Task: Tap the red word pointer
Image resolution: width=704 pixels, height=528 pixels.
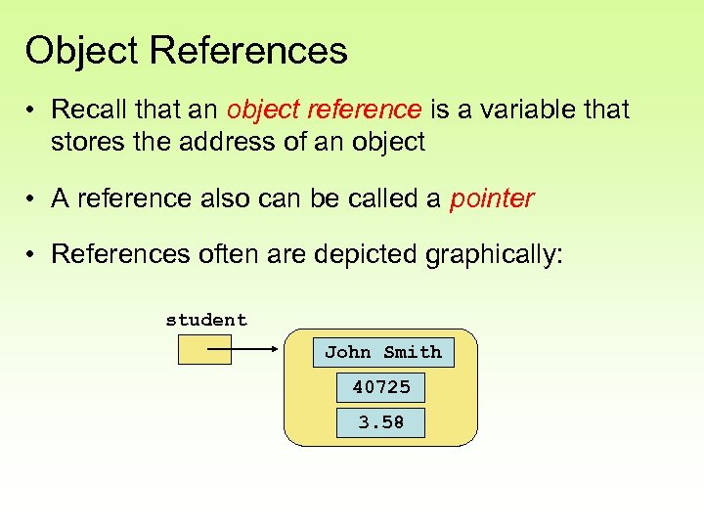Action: [492, 198]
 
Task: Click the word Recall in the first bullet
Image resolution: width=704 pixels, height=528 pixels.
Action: [85, 110]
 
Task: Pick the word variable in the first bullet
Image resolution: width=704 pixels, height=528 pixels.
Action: [532, 110]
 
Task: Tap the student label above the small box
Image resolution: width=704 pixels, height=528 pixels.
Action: [206, 320]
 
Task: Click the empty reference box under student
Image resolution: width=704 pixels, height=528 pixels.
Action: [204, 349]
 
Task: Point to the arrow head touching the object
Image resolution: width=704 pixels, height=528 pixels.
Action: [277, 349]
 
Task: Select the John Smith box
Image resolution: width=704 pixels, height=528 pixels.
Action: [382, 352]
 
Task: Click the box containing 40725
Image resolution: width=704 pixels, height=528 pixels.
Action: [381, 387]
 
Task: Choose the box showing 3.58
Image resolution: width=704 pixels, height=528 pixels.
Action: [381, 422]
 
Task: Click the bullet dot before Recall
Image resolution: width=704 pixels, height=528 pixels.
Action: [32, 110]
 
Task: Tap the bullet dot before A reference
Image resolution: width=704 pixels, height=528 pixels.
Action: [32, 199]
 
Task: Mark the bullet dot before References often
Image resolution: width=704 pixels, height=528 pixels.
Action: [32, 255]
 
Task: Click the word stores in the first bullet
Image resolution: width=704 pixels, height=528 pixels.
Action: [82, 142]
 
